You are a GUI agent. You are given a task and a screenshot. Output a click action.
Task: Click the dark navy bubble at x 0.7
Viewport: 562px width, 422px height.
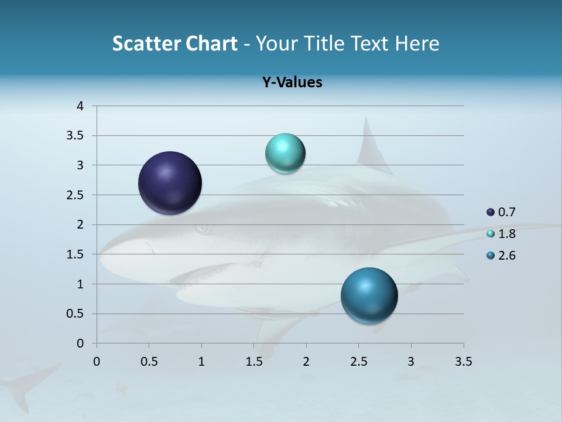[170, 183]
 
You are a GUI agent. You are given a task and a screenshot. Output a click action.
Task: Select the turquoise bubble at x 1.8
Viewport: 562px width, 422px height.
[285, 154]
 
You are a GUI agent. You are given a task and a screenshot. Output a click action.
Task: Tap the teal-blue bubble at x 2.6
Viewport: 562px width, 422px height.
[369, 295]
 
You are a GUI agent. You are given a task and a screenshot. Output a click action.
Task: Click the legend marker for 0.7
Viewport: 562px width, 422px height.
[491, 212]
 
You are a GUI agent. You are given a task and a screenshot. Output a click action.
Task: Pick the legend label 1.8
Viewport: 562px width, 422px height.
[506, 234]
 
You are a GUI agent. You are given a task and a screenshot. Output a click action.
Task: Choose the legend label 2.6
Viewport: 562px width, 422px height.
[506, 256]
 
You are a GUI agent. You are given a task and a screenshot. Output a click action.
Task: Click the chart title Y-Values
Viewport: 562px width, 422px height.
[292, 83]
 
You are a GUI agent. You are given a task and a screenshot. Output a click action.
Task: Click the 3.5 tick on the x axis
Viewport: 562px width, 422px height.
[463, 362]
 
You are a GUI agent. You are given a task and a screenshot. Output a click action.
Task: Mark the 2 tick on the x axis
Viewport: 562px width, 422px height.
[306, 362]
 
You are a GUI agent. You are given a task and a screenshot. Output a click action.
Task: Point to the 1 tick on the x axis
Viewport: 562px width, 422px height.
[201, 362]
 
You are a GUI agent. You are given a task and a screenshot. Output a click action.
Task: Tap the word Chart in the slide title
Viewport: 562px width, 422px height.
[211, 43]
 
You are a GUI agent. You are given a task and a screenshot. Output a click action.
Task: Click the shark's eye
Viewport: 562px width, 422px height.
[203, 229]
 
